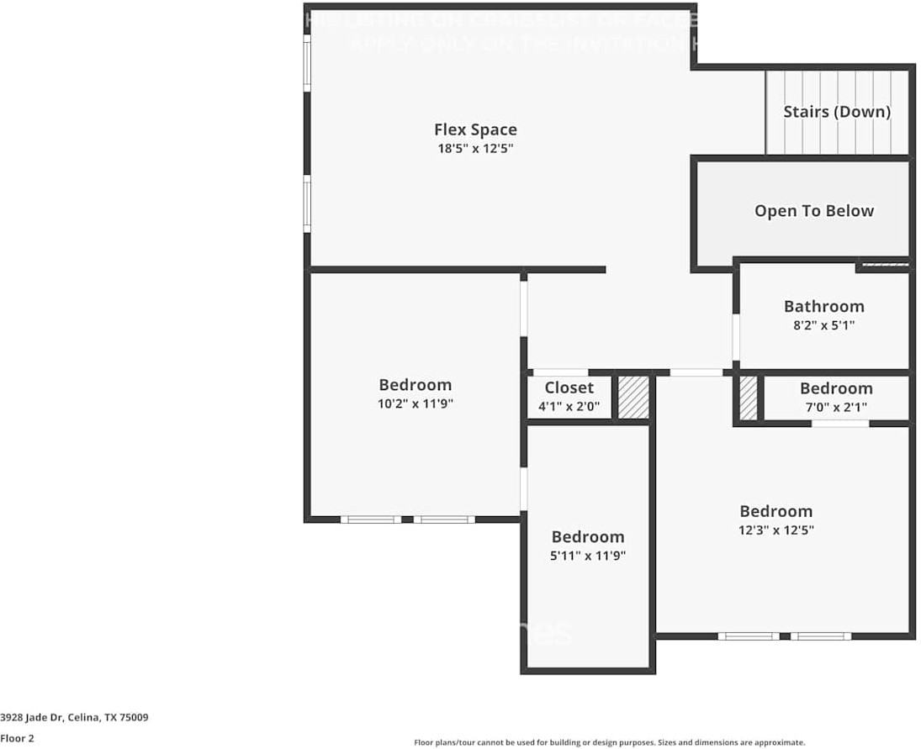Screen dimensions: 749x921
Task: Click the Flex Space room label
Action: tap(475, 129)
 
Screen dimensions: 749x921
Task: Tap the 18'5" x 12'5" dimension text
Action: tap(475, 149)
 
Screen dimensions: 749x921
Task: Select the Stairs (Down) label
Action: tap(836, 112)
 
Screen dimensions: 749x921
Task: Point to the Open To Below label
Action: tap(813, 211)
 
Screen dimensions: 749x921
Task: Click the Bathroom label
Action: tap(823, 306)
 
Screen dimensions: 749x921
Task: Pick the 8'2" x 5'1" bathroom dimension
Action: tap(823, 324)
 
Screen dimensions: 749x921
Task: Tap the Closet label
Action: tap(569, 388)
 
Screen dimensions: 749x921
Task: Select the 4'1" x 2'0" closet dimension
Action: tap(569, 407)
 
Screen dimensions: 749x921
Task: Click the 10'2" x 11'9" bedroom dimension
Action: tap(415, 404)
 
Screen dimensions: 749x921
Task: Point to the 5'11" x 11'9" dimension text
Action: tap(588, 556)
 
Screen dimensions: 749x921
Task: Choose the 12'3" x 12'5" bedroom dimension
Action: tap(775, 530)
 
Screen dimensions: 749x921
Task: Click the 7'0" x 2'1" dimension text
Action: tap(835, 407)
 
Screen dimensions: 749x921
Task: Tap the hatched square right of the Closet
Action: tap(633, 397)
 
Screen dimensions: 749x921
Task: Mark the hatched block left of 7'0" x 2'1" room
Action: tap(748, 398)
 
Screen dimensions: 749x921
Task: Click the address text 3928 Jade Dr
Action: tap(75, 718)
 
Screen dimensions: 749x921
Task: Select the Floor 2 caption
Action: tap(17, 738)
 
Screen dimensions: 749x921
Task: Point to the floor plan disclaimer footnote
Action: tap(609, 742)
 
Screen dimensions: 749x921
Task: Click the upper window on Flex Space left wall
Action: tap(308, 63)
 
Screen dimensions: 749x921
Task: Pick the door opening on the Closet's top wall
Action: tap(560, 372)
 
